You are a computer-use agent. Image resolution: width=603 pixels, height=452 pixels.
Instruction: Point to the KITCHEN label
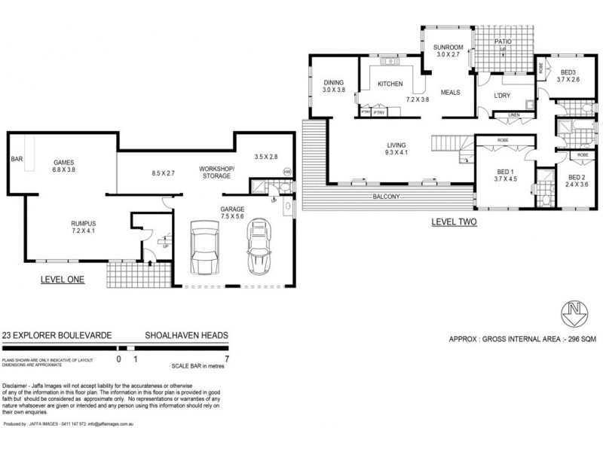click(x=391, y=84)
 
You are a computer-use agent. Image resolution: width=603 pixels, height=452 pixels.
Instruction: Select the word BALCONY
click(x=386, y=197)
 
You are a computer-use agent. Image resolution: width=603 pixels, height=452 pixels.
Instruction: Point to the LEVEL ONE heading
click(x=63, y=279)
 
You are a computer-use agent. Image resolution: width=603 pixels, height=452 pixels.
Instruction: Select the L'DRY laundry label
click(x=502, y=96)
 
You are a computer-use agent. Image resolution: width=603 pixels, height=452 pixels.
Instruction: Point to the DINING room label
click(x=333, y=83)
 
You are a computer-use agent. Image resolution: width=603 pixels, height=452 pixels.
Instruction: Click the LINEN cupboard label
click(x=513, y=115)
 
